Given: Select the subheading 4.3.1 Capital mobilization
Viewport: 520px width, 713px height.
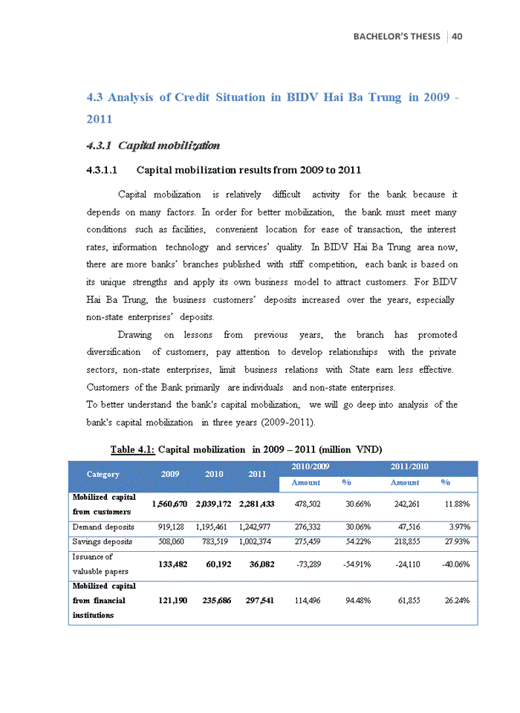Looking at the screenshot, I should coord(153,144).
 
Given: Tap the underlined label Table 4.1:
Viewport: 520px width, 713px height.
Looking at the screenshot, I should coord(132,449).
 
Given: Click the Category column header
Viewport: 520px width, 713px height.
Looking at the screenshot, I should coord(103,474).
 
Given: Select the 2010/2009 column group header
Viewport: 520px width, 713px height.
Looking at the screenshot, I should coord(308,466).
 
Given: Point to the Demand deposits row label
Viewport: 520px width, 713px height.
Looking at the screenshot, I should coord(103,527).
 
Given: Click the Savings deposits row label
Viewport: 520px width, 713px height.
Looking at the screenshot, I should coord(103,541).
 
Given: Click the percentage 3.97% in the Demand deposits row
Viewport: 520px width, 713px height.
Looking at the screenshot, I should coord(455,527).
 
